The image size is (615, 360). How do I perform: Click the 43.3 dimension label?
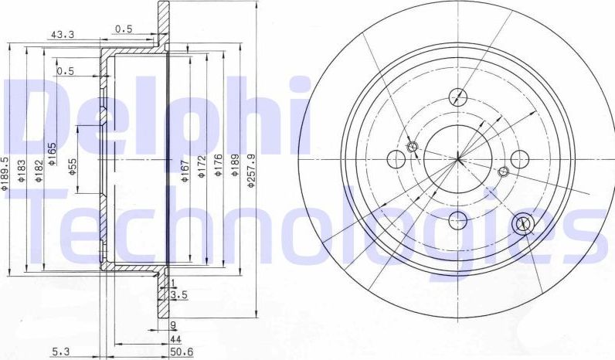click(61, 34)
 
